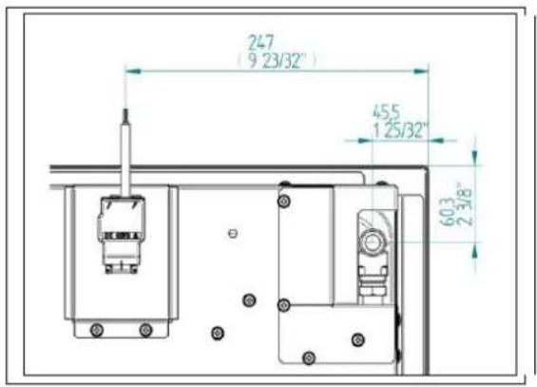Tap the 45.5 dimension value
pyautogui.click(x=385, y=109)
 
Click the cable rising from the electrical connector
pyautogui.click(x=125, y=152)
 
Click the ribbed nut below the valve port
pyautogui.click(x=372, y=281)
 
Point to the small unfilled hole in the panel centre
pyautogui.click(x=233, y=233)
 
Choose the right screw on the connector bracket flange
pyautogui.click(x=145, y=330)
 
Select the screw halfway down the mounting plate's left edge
pyautogui.click(x=282, y=304)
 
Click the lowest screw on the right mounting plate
pyautogui.click(x=307, y=358)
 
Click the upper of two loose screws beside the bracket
pyautogui.click(x=249, y=300)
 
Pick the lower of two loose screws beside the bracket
pyautogui.click(x=218, y=332)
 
